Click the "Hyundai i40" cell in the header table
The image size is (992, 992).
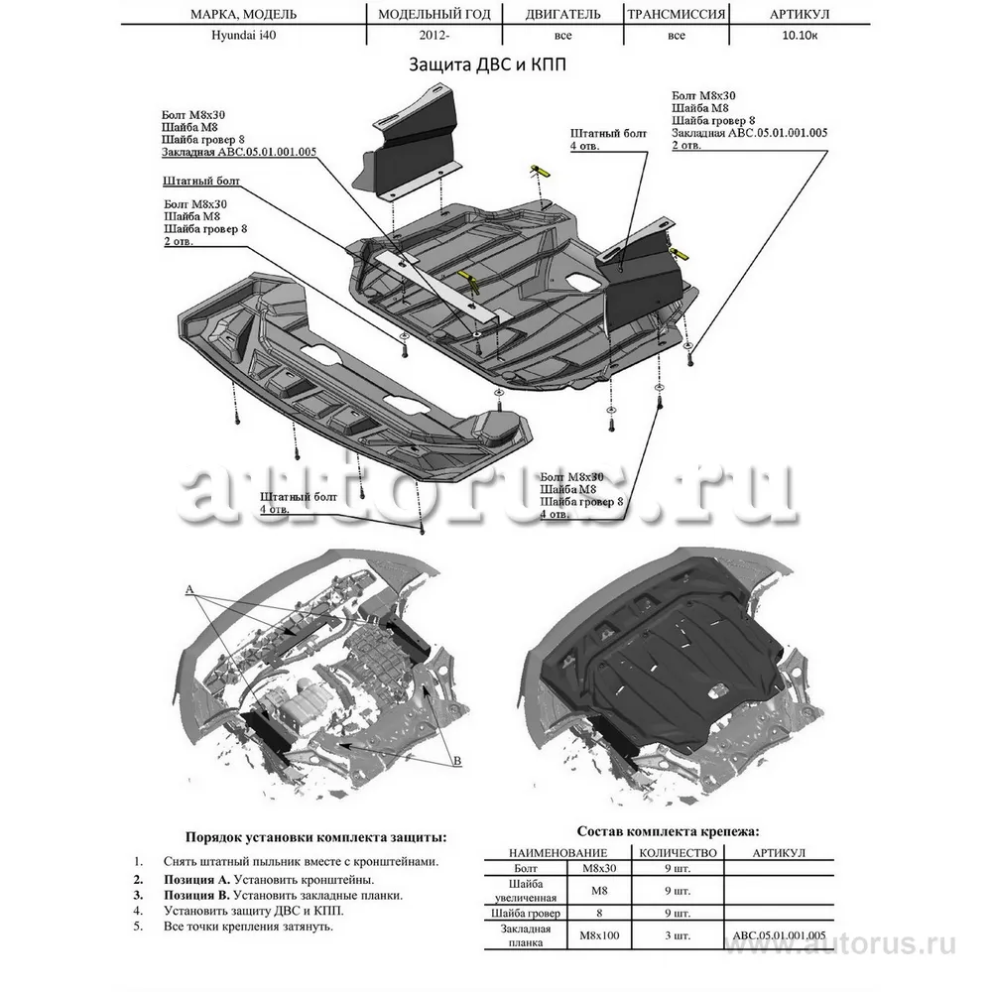click(242, 37)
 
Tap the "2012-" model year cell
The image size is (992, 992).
click(433, 37)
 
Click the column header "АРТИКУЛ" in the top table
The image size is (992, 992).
click(799, 15)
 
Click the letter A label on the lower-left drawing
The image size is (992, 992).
click(189, 589)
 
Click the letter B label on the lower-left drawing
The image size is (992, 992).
click(457, 761)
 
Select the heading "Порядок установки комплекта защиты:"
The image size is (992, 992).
click(315, 837)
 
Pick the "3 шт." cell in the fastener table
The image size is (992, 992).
click(677, 934)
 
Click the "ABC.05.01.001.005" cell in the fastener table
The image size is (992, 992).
click(779, 934)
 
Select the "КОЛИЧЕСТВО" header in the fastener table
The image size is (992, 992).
click(678, 853)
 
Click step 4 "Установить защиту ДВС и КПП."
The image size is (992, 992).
click(255, 910)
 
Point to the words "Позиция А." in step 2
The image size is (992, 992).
click(197, 879)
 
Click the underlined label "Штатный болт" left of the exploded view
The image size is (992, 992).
click(201, 182)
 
